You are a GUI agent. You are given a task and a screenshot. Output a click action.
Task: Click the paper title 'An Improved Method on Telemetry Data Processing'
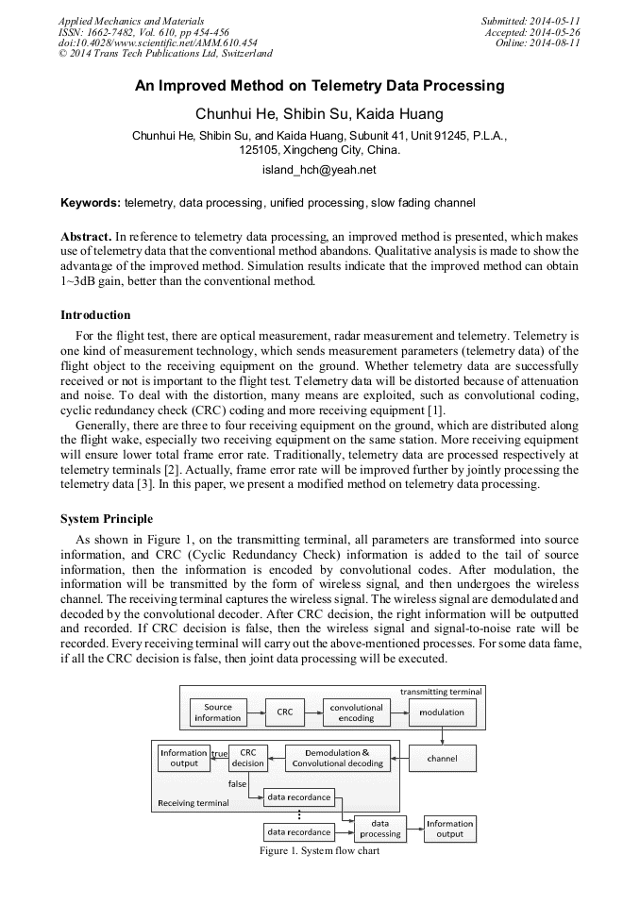click(x=319, y=86)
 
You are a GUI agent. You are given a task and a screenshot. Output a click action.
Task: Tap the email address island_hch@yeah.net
click(x=319, y=170)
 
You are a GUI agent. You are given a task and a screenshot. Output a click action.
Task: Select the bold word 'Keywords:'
click(x=90, y=203)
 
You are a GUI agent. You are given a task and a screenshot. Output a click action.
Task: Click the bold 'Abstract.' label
click(x=87, y=235)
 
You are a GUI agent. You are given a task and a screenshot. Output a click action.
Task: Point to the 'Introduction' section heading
click(x=95, y=315)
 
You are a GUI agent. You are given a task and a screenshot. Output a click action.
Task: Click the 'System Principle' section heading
click(x=106, y=519)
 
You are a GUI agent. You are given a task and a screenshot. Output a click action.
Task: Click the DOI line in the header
click(x=158, y=43)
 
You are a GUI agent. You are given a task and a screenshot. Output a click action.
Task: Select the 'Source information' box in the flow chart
click(x=218, y=712)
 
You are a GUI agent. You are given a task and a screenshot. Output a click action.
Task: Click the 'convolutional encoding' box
click(x=356, y=712)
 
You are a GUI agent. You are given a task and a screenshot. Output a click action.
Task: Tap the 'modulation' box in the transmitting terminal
click(x=443, y=712)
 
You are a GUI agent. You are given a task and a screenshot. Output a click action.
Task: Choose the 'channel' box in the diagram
click(x=443, y=758)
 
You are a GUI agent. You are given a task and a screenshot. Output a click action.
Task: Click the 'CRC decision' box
click(x=248, y=758)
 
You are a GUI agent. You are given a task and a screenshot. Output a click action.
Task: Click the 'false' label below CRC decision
click(x=238, y=783)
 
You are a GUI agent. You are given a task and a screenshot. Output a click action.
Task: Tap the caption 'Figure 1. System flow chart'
click(x=319, y=850)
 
